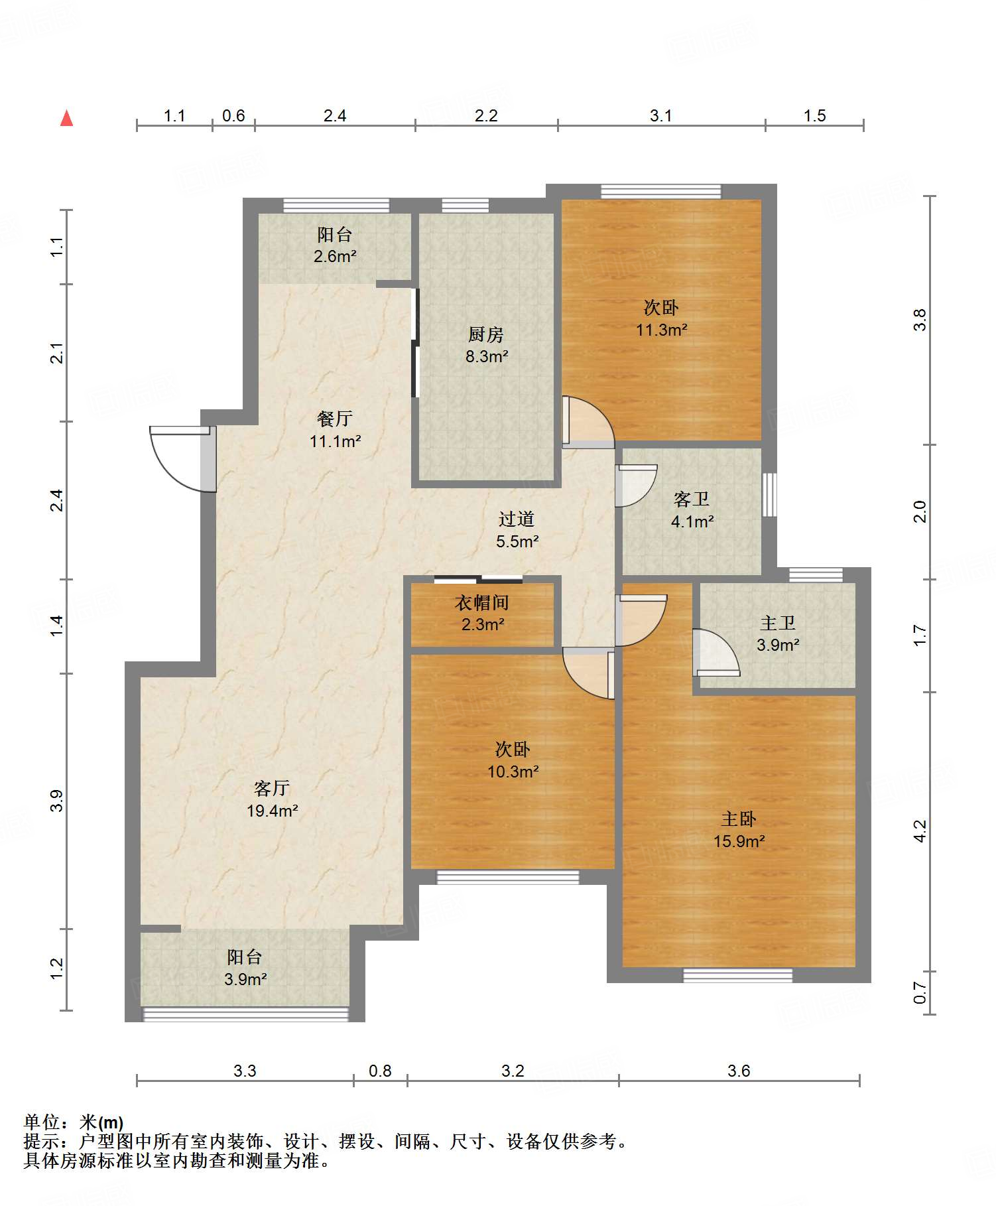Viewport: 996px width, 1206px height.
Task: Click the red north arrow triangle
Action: click(66, 118)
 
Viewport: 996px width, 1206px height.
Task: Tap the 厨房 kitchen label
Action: click(486, 334)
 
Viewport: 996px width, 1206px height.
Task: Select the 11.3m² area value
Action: click(662, 330)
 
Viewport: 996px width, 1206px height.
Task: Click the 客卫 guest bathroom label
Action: click(692, 499)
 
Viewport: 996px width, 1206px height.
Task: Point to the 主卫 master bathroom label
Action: click(778, 623)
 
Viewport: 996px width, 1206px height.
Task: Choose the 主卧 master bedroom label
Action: click(739, 819)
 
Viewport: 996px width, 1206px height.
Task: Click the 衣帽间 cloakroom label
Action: click(482, 602)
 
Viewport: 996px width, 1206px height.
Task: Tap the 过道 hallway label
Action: click(517, 519)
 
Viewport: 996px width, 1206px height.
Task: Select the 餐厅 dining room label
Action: click(334, 419)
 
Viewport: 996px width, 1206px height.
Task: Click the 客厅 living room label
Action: click(272, 788)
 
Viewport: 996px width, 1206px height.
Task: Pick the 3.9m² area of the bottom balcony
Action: click(245, 979)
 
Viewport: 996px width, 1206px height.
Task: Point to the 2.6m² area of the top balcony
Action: click(335, 256)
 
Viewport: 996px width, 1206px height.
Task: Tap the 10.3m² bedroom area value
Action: click(513, 771)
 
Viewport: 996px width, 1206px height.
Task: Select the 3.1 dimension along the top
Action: click(661, 116)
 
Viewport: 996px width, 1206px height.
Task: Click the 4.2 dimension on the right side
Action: click(919, 831)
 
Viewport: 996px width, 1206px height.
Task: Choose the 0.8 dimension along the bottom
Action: click(380, 1071)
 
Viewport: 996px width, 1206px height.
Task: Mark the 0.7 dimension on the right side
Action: click(919, 992)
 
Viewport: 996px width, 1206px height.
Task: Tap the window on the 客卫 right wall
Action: click(769, 494)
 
